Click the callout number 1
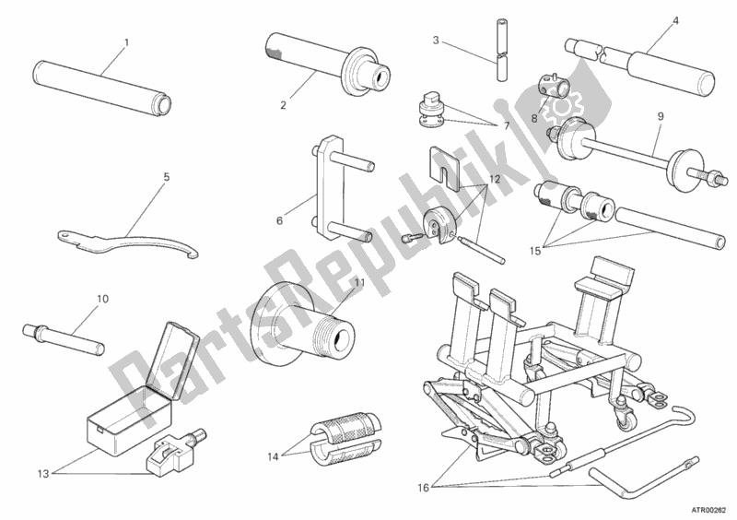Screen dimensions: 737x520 pos(126,42)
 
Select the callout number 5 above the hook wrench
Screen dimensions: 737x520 pos(167,177)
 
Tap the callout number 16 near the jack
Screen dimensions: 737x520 pos(424,488)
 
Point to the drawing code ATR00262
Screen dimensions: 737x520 pos(708,510)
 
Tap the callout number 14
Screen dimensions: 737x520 pos(274,456)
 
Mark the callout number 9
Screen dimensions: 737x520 pos(661,116)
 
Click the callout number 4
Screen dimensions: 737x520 pos(675,21)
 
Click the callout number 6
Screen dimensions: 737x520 pos(280,220)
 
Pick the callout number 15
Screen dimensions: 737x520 pos(535,252)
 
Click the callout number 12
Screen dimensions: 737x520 pos(495,179)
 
